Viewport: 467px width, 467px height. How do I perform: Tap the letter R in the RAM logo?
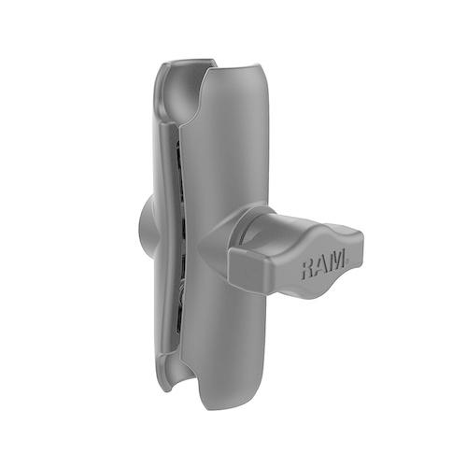[x=308, y=268]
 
